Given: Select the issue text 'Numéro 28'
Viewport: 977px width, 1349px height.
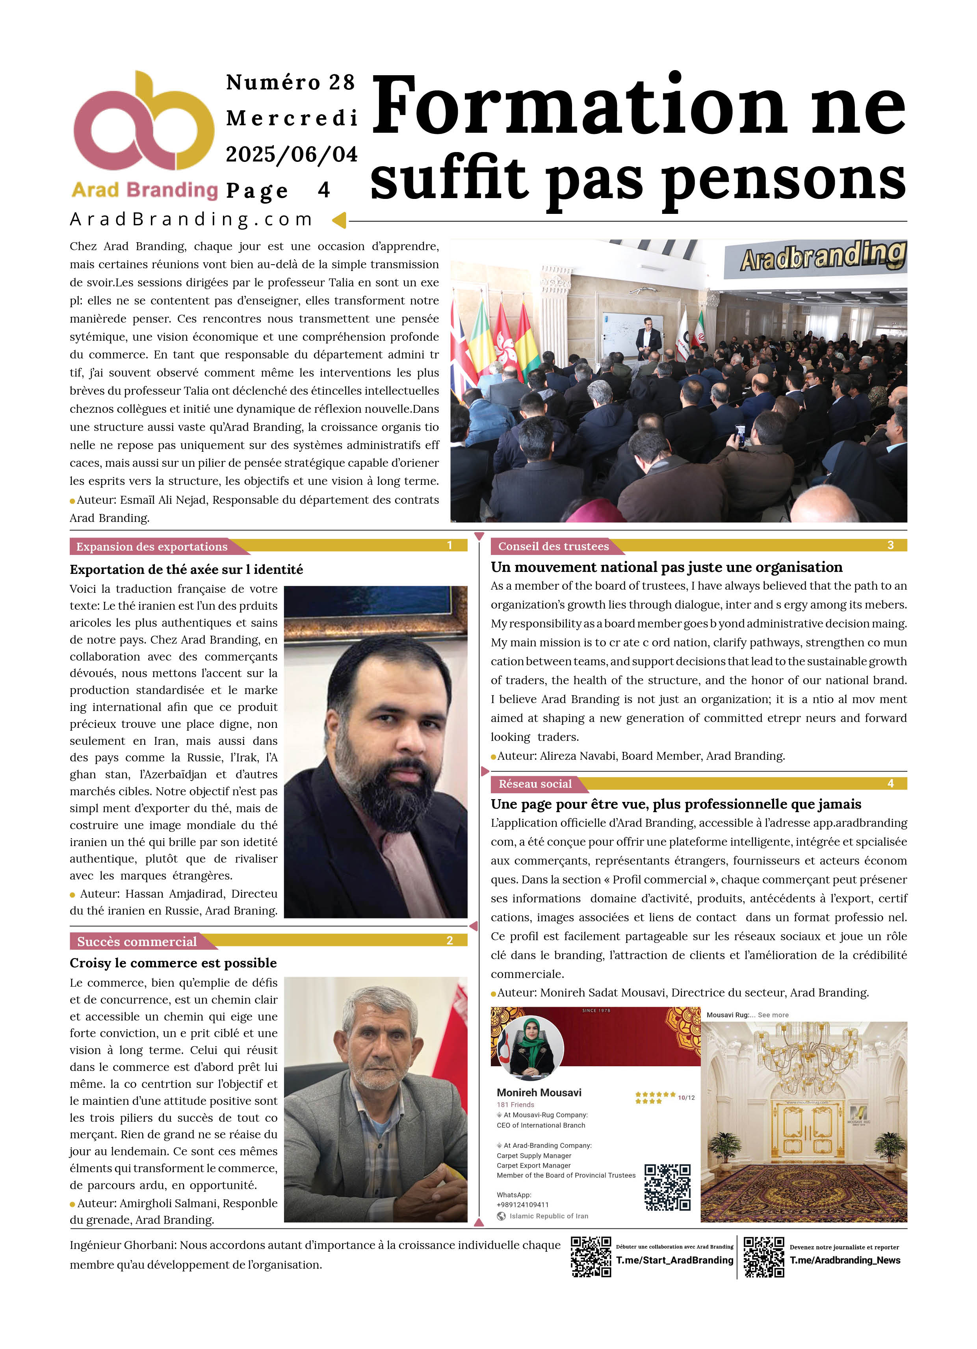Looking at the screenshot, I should point(290,82).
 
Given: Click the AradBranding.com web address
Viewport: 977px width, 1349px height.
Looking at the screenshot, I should point(191,219).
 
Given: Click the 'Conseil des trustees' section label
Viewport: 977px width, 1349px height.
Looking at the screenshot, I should point(554,546).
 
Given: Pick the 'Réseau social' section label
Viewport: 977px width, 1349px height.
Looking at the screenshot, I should point(535,784).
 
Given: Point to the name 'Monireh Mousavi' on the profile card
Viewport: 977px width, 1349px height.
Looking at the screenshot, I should point(539,1093).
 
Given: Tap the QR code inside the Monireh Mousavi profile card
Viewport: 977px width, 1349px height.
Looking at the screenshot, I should point(668,1187).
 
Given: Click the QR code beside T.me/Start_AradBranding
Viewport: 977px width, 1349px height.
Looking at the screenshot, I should point(591,1257).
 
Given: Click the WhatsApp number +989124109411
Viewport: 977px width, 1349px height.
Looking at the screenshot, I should point(523,1204).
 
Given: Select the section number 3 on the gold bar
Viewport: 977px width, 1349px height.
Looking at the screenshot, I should point(890,546).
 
